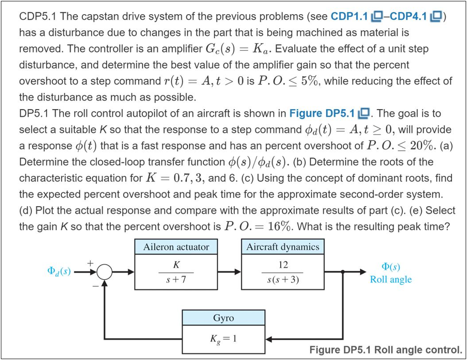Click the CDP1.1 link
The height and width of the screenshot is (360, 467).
pos(349,17)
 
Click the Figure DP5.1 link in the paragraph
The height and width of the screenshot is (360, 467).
pos(322,114)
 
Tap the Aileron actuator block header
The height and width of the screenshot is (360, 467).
pos(176,247)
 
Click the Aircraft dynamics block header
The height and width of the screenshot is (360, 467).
pos(283,247)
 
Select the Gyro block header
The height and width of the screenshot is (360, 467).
pos(223,318)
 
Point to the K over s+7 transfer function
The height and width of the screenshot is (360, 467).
pos(176,272)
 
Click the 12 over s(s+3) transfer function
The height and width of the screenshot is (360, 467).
pos(283,272)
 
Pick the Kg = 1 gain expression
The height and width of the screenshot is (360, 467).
pos(223,339)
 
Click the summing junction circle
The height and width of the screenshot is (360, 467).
pos(104,272)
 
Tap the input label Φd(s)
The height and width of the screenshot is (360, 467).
pos(59,271)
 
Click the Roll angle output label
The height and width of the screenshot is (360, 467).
pos(390,280)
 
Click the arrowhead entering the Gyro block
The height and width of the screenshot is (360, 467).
pos(269,339)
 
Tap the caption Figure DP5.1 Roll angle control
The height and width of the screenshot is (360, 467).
pos(385,350)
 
